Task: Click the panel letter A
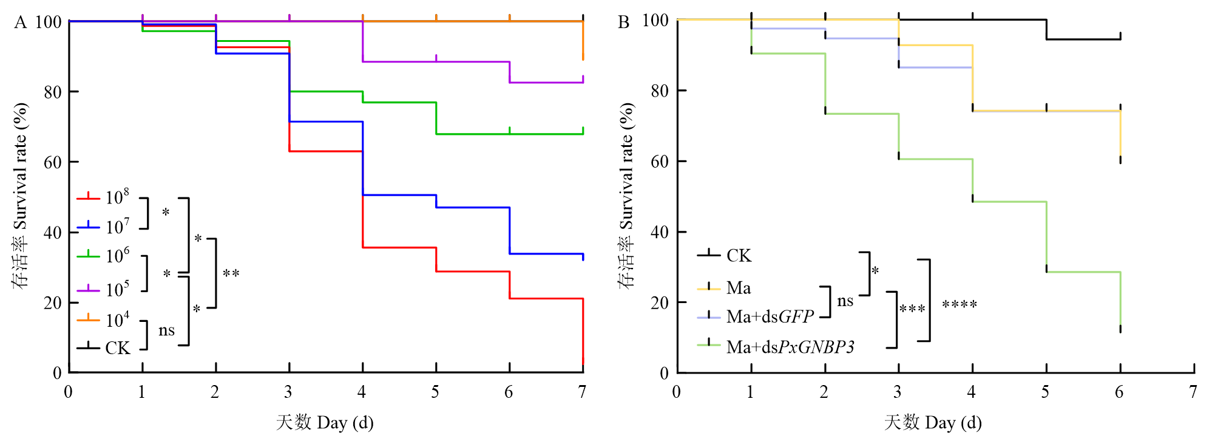pos(21,22)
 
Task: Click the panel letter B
pos(623,22)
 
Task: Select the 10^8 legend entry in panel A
pos(117,197)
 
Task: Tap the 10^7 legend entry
pos(117,227)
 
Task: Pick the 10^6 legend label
pos(117,256)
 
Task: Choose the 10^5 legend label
pos(117,289)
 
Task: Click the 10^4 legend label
pos(117,319)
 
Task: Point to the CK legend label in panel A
pos(117,348)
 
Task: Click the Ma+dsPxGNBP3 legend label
pos(790,347)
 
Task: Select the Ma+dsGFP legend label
pos(770,316)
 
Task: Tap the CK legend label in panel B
pos(739,256)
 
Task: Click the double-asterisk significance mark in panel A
pos(231,275)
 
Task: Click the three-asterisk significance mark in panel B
pos(912,310)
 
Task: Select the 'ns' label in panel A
pos(166,330)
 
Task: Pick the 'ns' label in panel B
pos(845,301)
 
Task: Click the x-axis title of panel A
pos(325,422)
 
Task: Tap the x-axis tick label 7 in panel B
pos(1193,392)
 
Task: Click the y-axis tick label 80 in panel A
pos(53,92)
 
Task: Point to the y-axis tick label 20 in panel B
pos(660,303)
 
